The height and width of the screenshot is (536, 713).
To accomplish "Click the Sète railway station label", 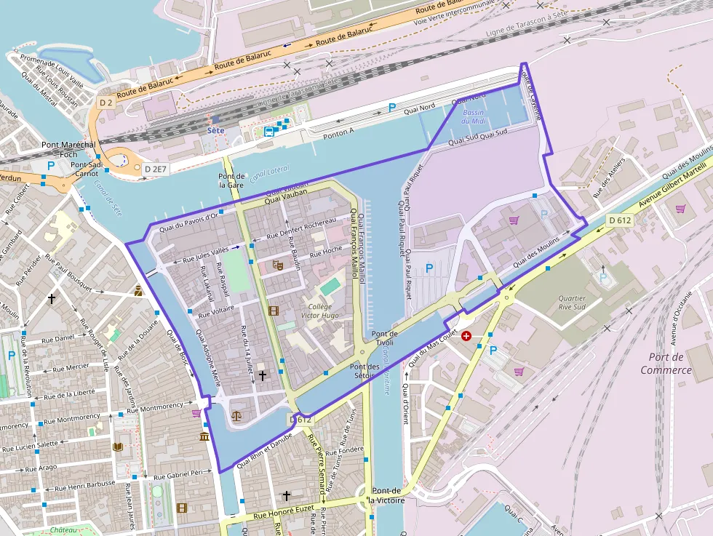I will pyautogui.click(x=215, y=130).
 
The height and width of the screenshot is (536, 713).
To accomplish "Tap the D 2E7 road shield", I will pyautogui.click(x=156, y=169).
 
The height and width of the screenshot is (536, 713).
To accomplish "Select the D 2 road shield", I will pyautogui.click(x=105, y=103).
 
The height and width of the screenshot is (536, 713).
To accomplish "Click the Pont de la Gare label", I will pyautogui.click(x=231, y=180).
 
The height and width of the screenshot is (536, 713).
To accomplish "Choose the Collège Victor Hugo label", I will pyautogui.click(x=320, y=311).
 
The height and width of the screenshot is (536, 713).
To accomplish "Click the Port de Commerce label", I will pyautogui.click(x=666, y=363).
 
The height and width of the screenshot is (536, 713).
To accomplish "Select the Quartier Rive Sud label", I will pyautogui.click(x=572, y=302).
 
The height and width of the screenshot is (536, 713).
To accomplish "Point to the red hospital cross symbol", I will pyautogui.click(x=466, y=336).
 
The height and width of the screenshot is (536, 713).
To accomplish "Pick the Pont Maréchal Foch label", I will pyautogui.click(x=68, y=149).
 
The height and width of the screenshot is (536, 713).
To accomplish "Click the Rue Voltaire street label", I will pyautogui.click(x=215, y=312).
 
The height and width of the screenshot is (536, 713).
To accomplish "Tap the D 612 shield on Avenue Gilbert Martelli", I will pyautogui.click(x=621, y=220).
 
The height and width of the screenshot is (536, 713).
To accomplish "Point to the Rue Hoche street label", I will pyautogui.click(x=326, y=252).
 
